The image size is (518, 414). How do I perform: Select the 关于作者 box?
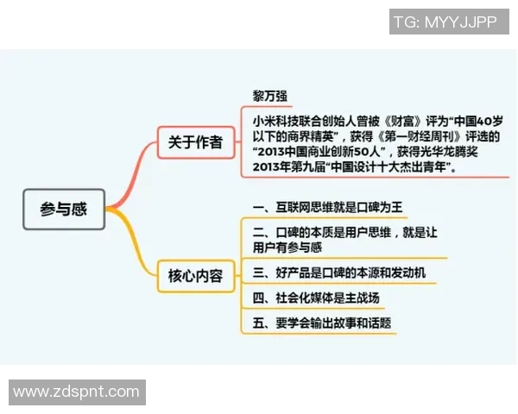[195, 142]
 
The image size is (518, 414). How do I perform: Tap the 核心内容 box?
[195, 277]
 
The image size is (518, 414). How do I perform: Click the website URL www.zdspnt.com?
[76, 392]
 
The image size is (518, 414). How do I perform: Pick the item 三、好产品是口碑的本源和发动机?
[338, 273]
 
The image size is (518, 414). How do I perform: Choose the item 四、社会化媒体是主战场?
[316, 298]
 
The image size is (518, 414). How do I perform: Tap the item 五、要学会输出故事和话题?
[322, 324]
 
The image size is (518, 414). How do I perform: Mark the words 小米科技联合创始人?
[302, 120]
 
